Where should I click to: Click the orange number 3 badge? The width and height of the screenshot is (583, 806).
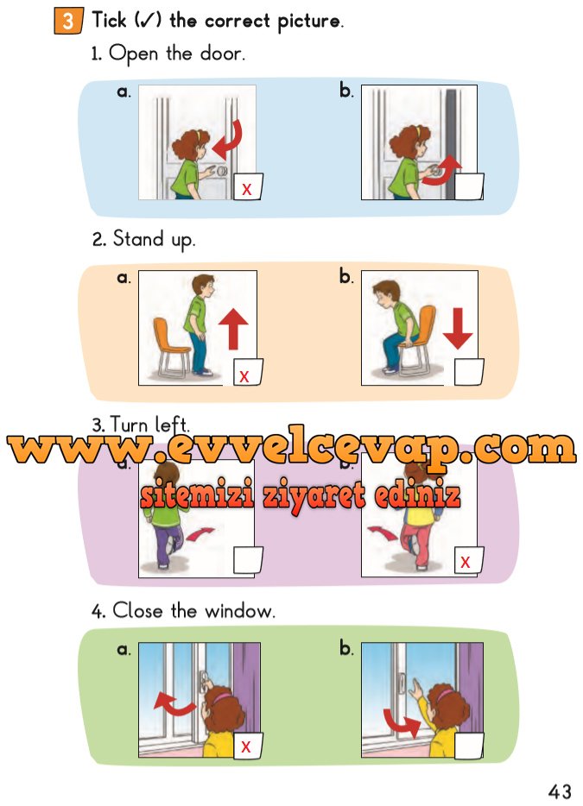click(68, 21)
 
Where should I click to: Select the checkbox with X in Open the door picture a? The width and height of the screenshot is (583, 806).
click(249, 186)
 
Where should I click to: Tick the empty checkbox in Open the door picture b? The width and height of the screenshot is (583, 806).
click(469, 186)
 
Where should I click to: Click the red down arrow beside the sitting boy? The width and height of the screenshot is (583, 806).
click(458, 329)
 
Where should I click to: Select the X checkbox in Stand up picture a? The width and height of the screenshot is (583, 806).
click(248, 372)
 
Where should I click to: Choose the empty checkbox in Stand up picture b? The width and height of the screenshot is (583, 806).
click(469, 372)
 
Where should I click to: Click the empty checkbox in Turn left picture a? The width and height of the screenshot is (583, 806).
click(248, 560)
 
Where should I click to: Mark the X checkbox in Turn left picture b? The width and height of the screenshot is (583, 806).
click(469, 560)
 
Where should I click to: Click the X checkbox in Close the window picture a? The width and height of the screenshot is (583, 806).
click(248, 746)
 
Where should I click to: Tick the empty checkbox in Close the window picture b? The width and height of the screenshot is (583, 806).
click(469, 746)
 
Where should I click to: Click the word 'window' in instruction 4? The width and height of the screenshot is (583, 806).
click(239, 611)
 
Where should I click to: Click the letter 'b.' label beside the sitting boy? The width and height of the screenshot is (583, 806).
click(346, 276)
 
